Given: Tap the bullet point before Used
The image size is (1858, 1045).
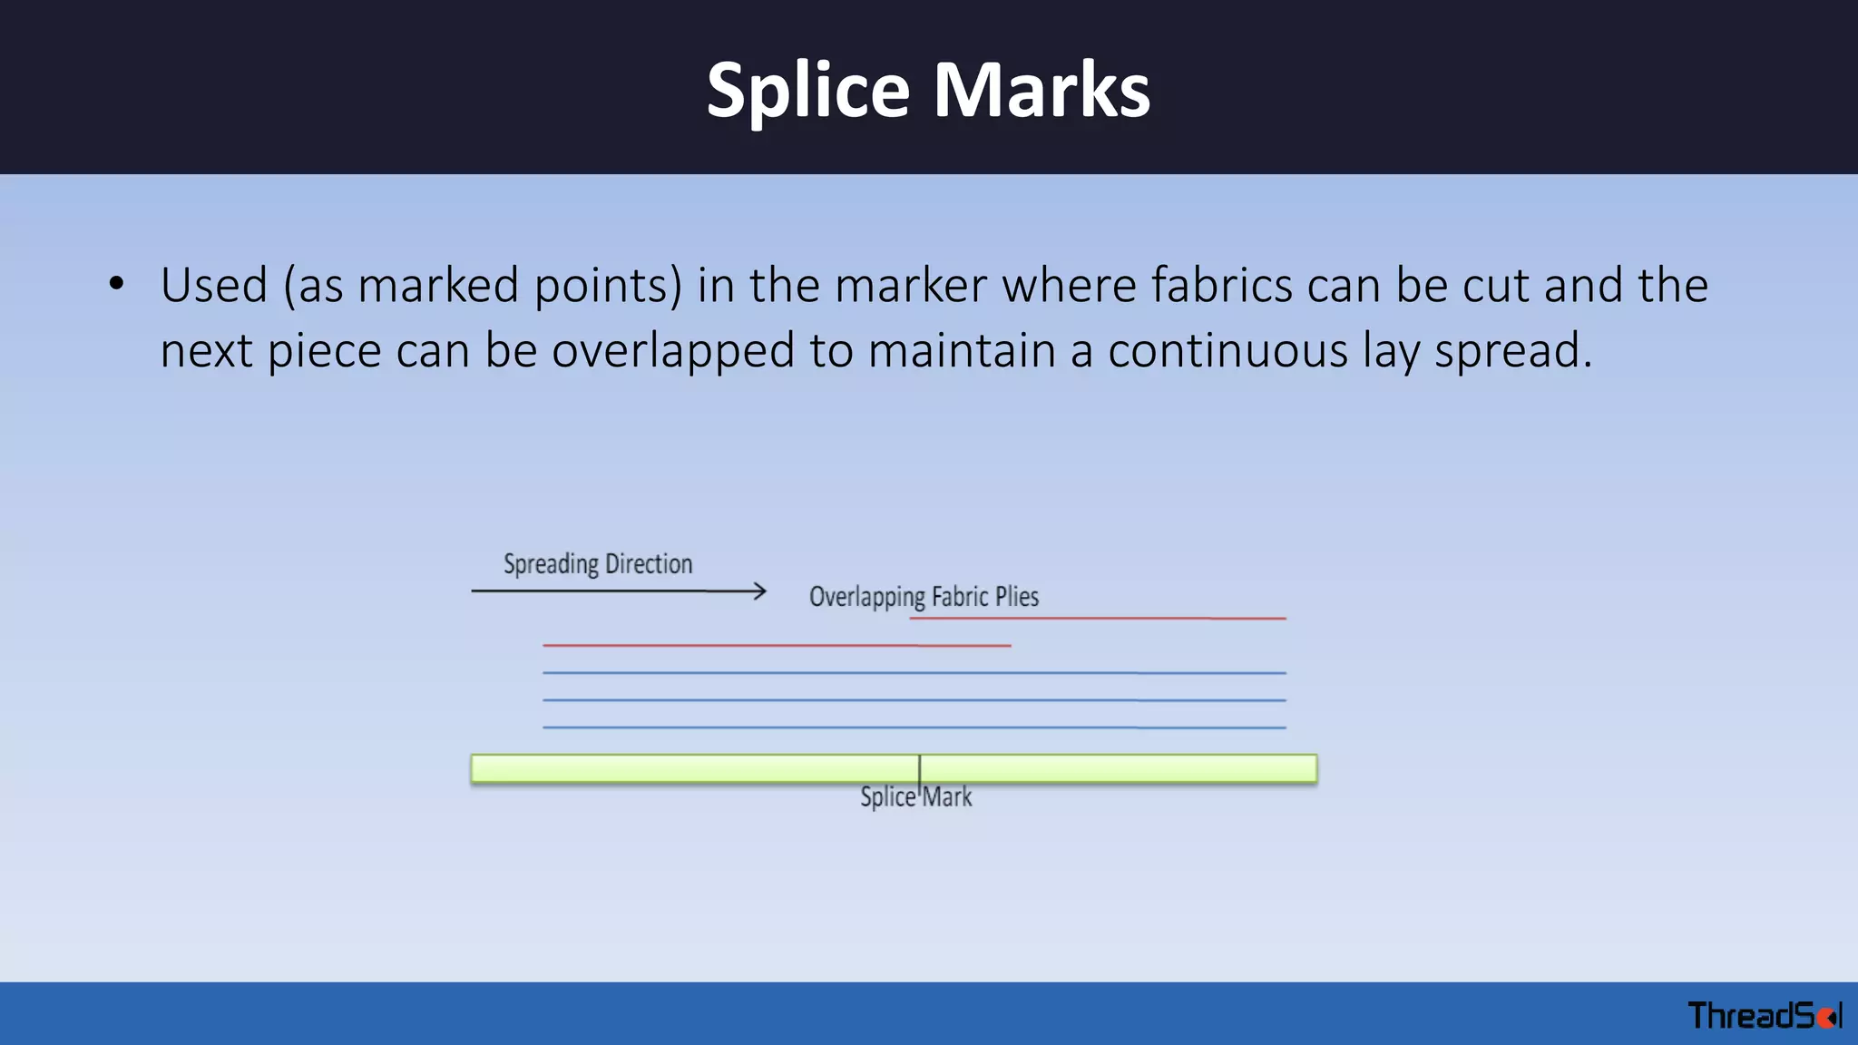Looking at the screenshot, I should pyautogui.click(x=116, y=284).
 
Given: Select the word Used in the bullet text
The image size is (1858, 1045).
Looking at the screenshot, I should pyautogui.click(x=214, y=285).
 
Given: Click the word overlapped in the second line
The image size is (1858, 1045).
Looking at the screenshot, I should pyautogui.click(x=673, y=350).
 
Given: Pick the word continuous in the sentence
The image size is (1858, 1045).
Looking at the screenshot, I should pyautogui.click(x=1227, y=350).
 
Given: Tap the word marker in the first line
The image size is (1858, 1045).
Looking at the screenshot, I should pyautogui.click(x=910, y=285).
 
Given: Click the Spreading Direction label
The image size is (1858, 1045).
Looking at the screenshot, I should pyautogui.click(x=598, y=564).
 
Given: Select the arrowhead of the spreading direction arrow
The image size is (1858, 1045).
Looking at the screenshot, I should pyautogui.click(x=760, y=591).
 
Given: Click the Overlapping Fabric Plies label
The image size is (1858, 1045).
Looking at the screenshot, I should pyautogui.click(x=924, y=597).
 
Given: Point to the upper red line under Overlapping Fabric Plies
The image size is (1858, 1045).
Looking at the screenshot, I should pyautogui.click(x=1098, y=619).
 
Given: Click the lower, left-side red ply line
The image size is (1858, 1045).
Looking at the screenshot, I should pyautogui.click(x=777, y=646).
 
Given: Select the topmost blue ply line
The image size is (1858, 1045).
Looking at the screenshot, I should pyautogui.click(x=914, y=673).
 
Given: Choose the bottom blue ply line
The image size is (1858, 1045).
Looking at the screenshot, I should pyautogui.click(x=914, y=728).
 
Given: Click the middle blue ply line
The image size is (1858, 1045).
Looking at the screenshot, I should pyautogui.click(x=914, y=700).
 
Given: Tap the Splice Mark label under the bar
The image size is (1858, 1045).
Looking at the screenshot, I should pyautogui.click(x=916, y=797).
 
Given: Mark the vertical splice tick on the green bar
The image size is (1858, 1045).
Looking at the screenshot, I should pyautogui.click(x=920, y=768).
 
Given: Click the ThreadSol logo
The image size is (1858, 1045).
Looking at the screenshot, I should pyautogui.click(x=1764, y=1015).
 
